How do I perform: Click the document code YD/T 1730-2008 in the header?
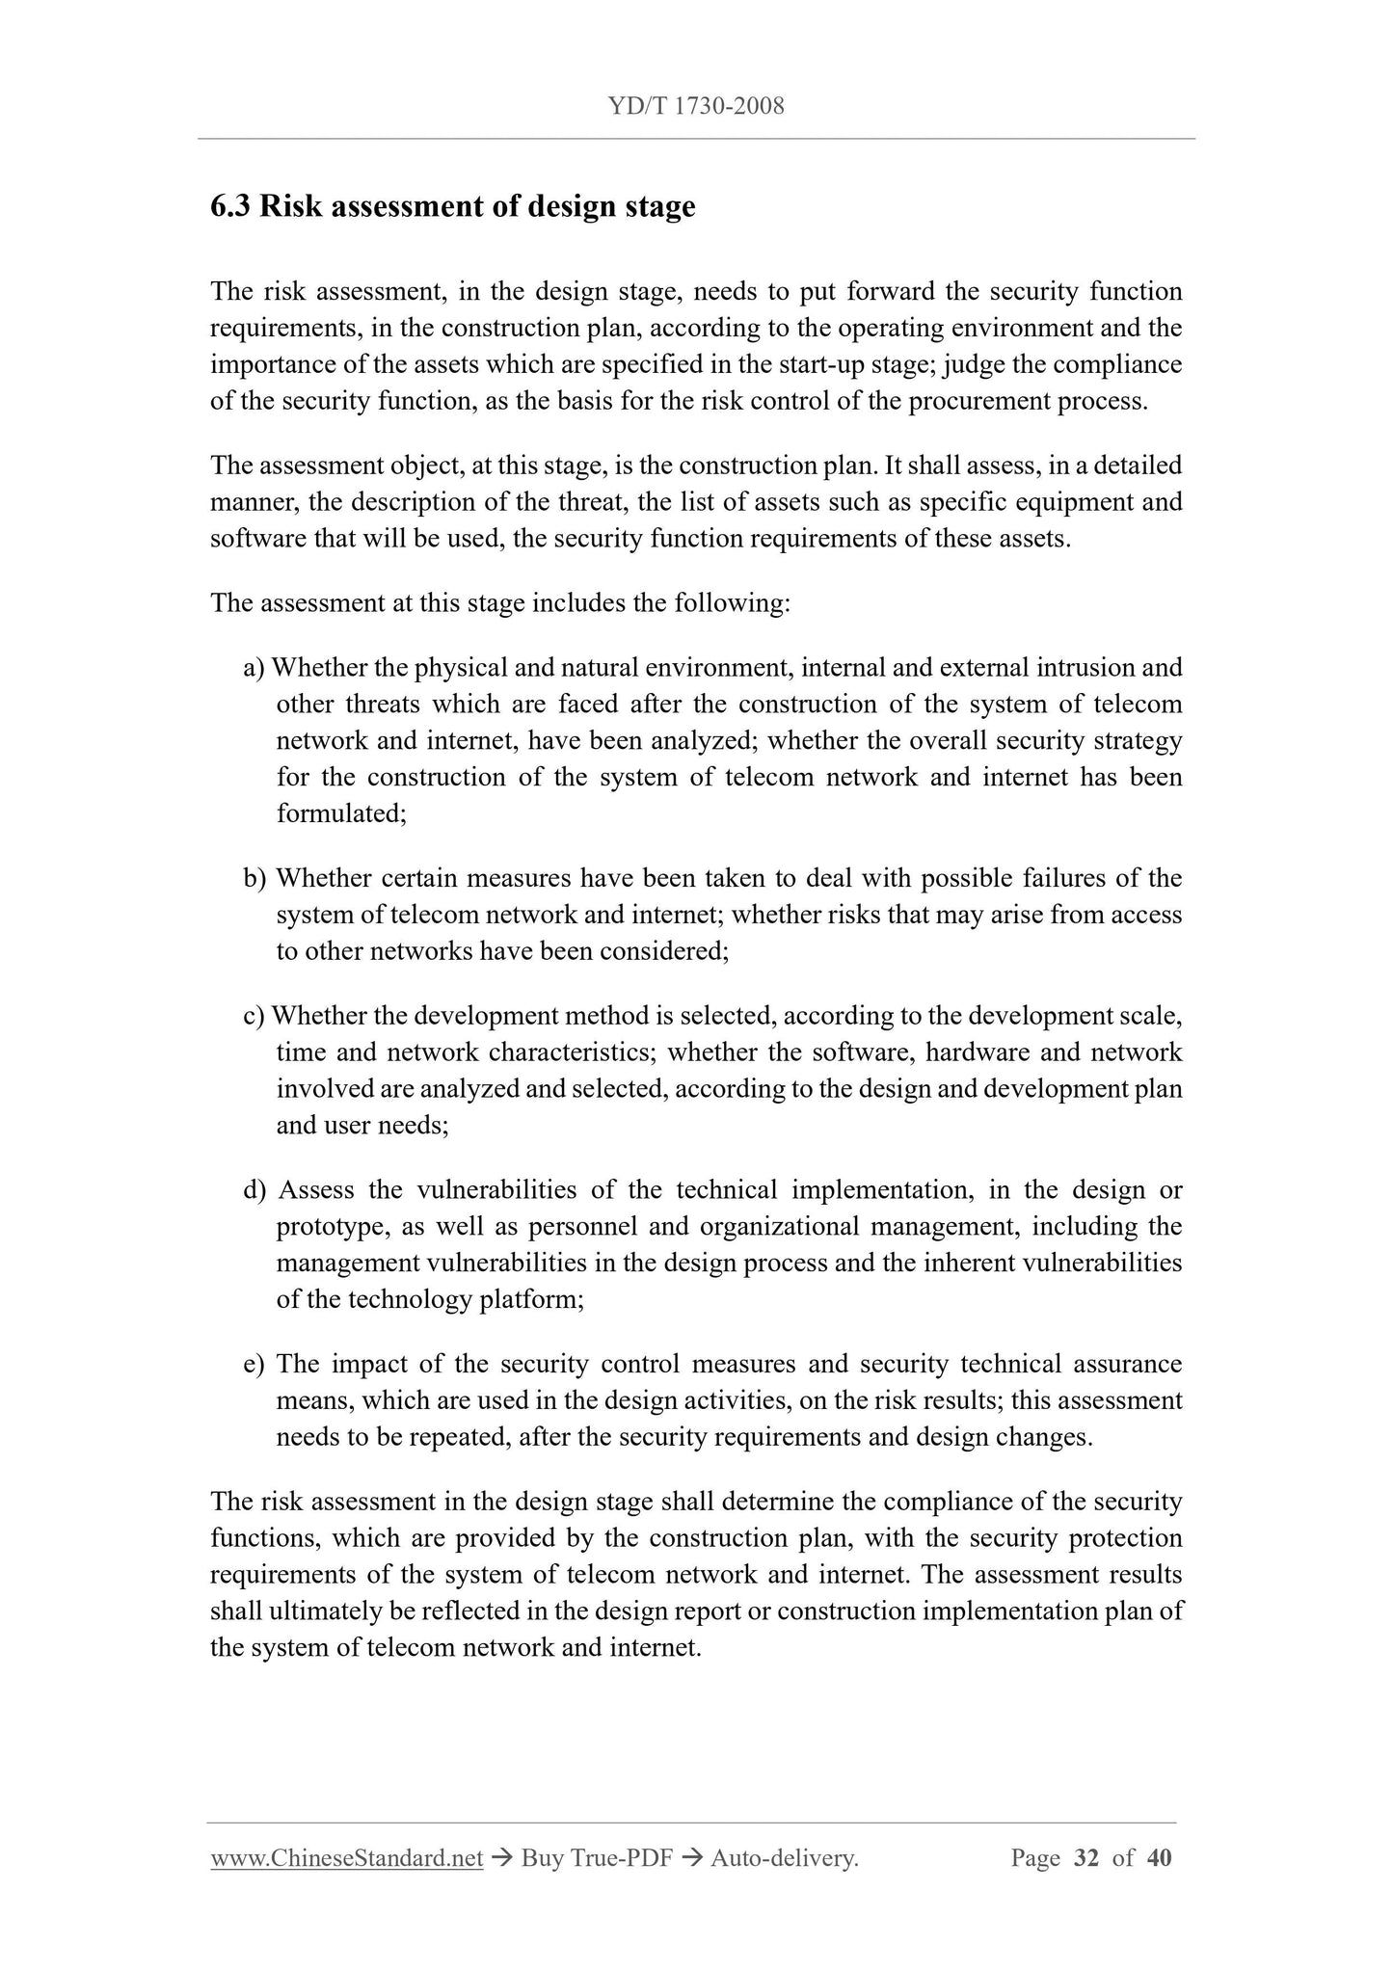tap(696, 107)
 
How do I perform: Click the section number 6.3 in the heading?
tap(229, 207)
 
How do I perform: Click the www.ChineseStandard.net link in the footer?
tap(346, 1858)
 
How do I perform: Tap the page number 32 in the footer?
tap(1085, 1858)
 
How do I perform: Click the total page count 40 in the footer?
tap(1159, 1858)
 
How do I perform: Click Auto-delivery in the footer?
tap(784, 1858)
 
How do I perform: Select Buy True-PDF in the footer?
tap(596, 1858)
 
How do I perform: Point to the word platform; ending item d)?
tap(532, 1300)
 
